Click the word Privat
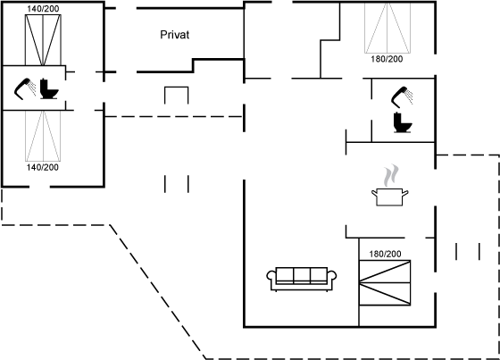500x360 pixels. (x=174, y=35)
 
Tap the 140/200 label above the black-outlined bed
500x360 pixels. (x=43, y=9)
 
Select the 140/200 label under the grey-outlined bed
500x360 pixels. (x=43, y=167)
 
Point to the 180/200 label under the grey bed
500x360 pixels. (x=387, y=59)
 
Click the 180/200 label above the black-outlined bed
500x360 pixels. (x=385, y=254)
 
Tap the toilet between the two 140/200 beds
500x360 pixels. (x=49, y=88)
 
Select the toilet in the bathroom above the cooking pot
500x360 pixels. (x=403, y=122)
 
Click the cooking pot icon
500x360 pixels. (x=389, y=197)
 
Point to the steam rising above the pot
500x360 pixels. (x=391, y=175)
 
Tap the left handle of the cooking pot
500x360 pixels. (x=374, y=192)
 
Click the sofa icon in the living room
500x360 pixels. (x=302, y=280)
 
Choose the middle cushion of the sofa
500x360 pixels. (x=302, y=275)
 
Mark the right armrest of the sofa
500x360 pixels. (x=332, y=276)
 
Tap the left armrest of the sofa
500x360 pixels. (x=271, y=276)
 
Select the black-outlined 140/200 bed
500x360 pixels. (x=43, y=40)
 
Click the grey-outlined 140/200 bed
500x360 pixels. (x=43, y=136)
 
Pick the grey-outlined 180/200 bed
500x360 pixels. (x=387, y=28)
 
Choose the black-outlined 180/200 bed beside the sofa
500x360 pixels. (x=385, y=283)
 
